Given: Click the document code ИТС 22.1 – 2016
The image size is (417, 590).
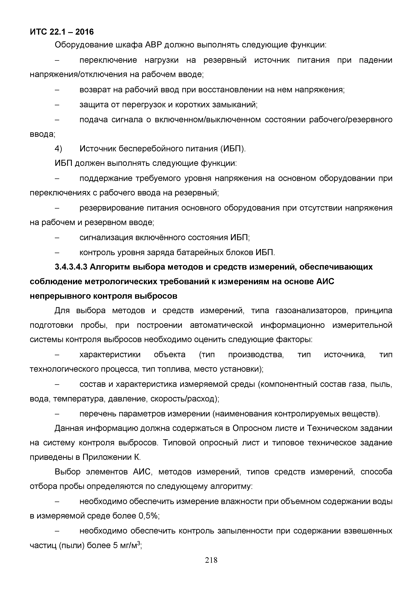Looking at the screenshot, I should click(x=62, y=32).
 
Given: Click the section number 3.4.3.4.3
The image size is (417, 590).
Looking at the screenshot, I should click(x=71, y=267).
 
